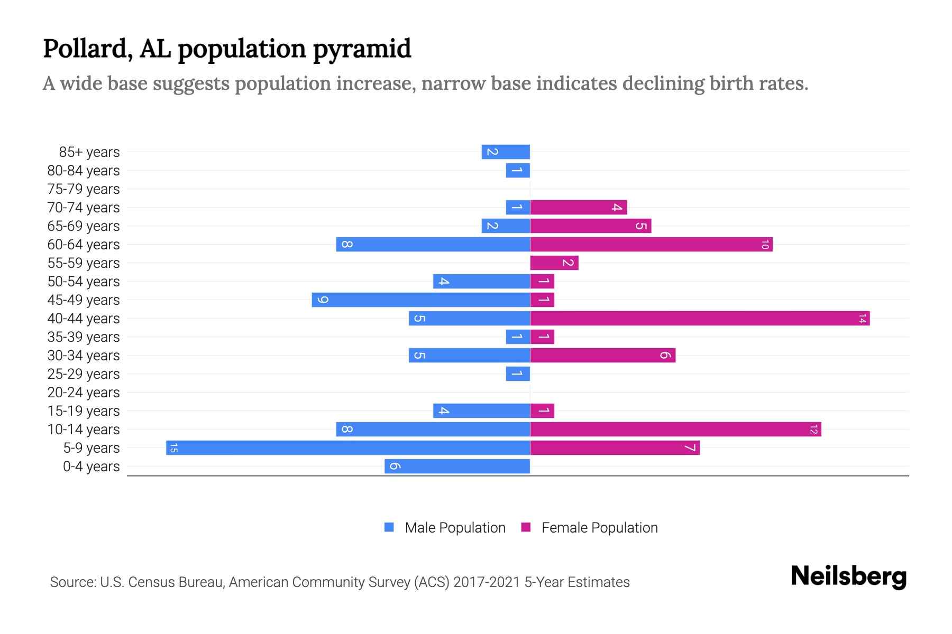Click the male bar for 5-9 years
pyautogui.click(x=348, y=447)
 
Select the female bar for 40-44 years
pyautogui.click(x=700, y=318)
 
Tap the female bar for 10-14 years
pyautogui.click(x=675, y=429)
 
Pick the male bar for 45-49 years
pyautogui.click(x=421, y=300)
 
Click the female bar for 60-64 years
pyautogui.click(x=651, y=244)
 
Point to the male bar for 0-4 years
pyautogui.click(x=457, y=466)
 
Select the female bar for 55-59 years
pyautogui.click(x=554, y=263)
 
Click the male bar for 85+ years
pyautogui.click(x=506, y=152)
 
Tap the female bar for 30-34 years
pyautogui.click(x=603, y=355)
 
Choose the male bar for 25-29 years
pyautogui.click(x=518, y=374)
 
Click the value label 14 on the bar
pyautogui.click(x=862, y=319)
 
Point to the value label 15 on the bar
pyautogui.click(x=173, y=448)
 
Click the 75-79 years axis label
pyautogui.click(x=84, y=189)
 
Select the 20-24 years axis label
pyautogui.click(x=84, y=393)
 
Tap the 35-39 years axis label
pyautogui.click(x=84, y=337)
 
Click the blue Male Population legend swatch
pyautogui.click(x=389, y=527)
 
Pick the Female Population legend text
pyautogui.click(x=599, y=527)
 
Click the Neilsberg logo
pyautogui.click(x=848, y=576)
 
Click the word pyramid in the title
pyautogui.click(x=362, y=49)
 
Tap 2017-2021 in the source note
pyautogui.click(x=487, y=582)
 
